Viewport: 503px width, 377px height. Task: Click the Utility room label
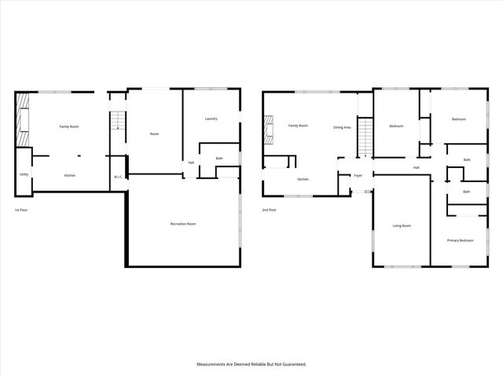click(x=24, y=174)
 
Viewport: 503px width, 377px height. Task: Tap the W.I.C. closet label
click(x=117, y=177)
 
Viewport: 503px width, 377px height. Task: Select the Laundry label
click(x=211, y=119)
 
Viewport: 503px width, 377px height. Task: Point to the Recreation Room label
click(x=183, y=225)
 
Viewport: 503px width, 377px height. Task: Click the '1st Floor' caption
click(x=21, y=210)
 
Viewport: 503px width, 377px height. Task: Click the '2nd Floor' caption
click(x=270, y=210)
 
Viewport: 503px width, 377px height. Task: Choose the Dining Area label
click(x=342, y=126)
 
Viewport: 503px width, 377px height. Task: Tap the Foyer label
click(x=358, y=175)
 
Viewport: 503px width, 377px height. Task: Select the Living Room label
click(x=402, y=226)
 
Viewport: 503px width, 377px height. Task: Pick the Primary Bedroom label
click(x=460, y=240)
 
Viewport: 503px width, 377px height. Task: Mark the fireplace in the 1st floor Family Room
click(x=24, y=119)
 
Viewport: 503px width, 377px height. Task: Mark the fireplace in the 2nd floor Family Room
click(x=271, y=130)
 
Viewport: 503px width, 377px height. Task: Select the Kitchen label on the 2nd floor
click(x=303, y=179)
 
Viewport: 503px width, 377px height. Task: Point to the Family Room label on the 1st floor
click(x=69, y=126)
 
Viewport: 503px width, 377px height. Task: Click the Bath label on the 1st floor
click(x=219, y=159)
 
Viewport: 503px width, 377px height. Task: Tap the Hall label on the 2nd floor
click(x=416, y=167)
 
